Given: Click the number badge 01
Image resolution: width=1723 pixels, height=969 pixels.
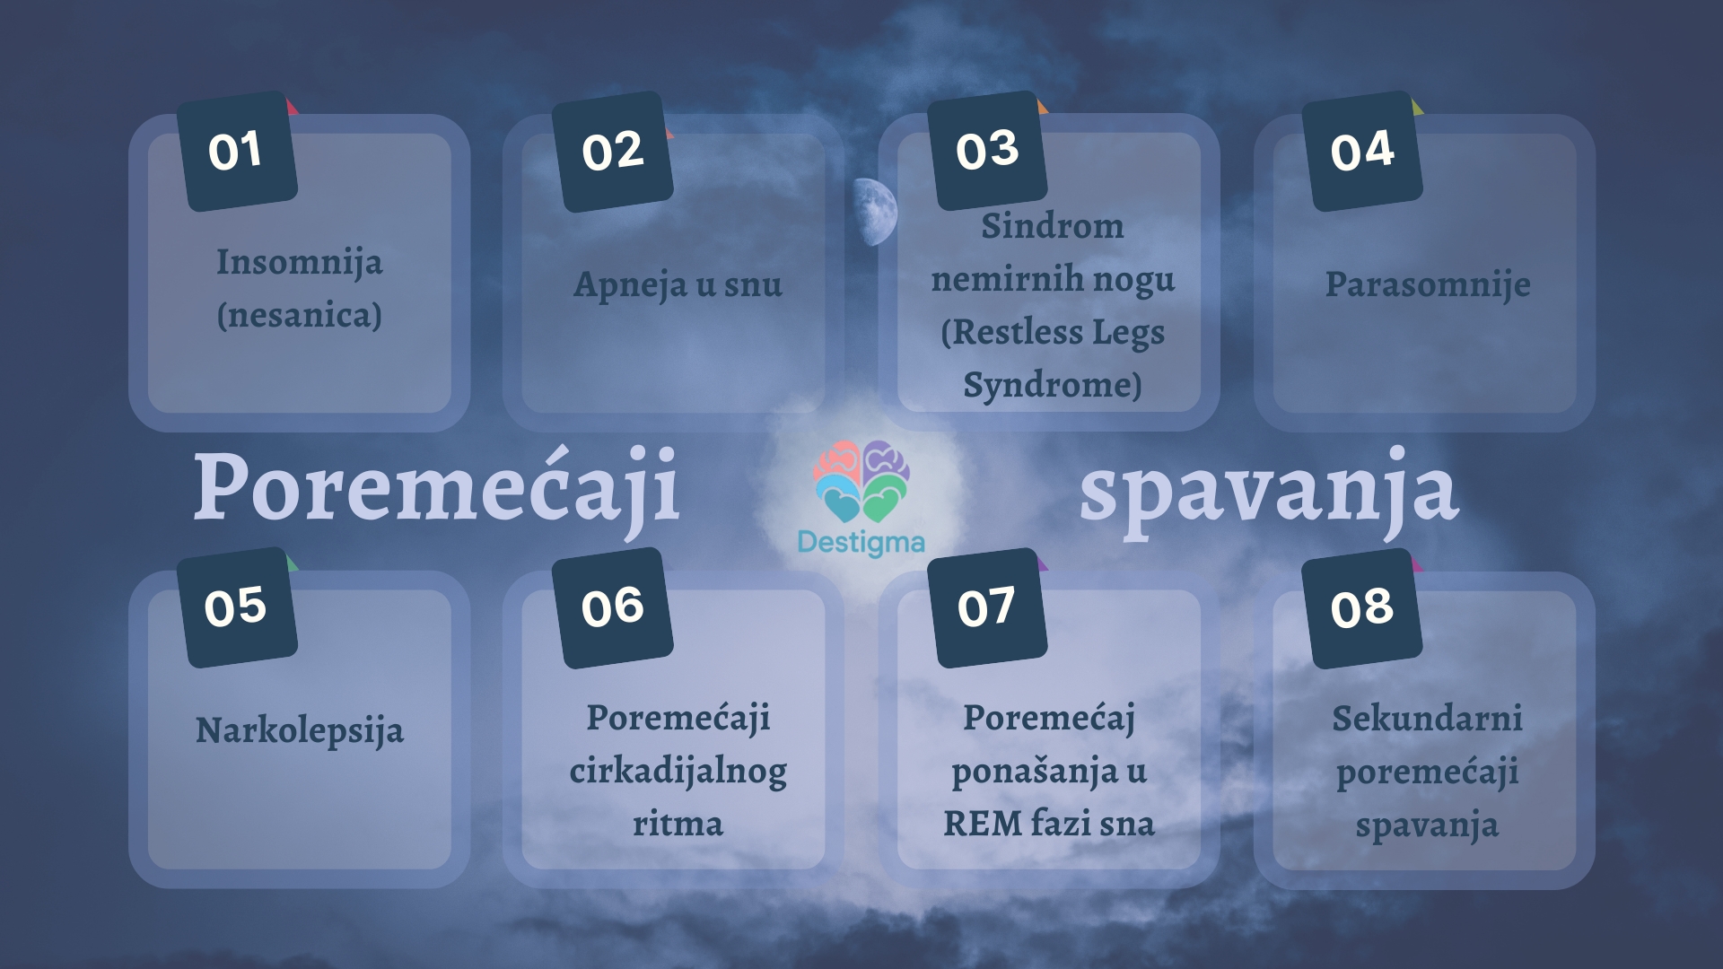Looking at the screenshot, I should click(x=237, y=151).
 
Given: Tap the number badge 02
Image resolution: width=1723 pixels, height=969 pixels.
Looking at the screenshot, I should click(x=612, y=152).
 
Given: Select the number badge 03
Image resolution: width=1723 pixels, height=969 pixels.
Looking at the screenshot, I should click(x=987, y=151).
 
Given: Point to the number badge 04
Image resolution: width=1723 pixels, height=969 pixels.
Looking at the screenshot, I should click(x=1362, y=151).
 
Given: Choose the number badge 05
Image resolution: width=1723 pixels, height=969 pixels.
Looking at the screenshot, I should click(x=237, y=607).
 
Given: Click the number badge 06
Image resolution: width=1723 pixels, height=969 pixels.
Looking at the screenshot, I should click(x=612, y=607).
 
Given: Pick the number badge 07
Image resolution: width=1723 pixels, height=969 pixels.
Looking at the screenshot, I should click(x=987, y=607).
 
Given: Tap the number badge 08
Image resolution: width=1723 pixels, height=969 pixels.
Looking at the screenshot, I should click(x=1362, y=608).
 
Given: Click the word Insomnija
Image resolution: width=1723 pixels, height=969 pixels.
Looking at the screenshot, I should click(x=299, y=263).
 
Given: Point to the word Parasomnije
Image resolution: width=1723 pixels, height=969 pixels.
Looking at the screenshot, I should click(x=1428, y=284).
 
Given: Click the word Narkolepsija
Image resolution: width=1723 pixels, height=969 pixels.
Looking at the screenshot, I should click(x=299, y=731).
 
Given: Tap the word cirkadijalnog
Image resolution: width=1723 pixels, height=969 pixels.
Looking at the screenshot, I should click(x=678, y=772).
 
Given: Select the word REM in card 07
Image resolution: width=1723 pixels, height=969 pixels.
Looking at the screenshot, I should click(x=982, y=824).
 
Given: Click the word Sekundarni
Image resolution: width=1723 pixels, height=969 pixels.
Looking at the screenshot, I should click(x=1427, y=719).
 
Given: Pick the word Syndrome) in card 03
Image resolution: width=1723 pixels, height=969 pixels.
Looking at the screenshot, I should click(x=1052, y=385).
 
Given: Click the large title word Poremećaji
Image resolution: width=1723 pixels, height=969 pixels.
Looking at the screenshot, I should click(x=436, y=487).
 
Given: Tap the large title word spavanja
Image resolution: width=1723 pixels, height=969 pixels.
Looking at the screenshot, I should click(x=1269, y=489).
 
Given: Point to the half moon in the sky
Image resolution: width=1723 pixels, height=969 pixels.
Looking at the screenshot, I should click(x=876, y=212).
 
